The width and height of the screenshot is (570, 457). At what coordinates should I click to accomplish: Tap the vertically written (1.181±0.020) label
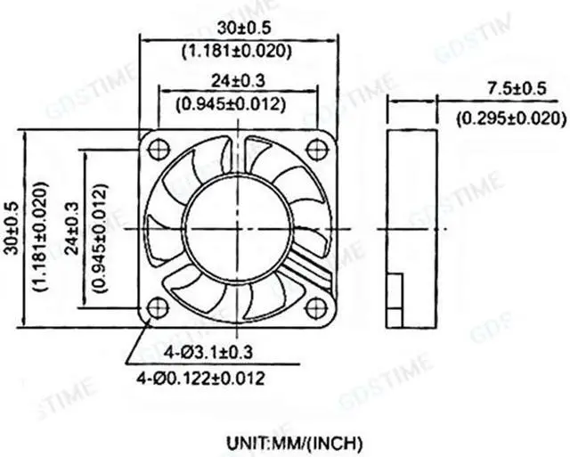(38, 228)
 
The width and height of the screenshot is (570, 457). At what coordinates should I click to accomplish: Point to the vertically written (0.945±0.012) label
(100, 228)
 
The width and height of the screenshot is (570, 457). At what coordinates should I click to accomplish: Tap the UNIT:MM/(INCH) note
(294, 442)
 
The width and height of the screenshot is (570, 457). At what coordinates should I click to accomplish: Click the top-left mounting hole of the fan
(160, 146)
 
